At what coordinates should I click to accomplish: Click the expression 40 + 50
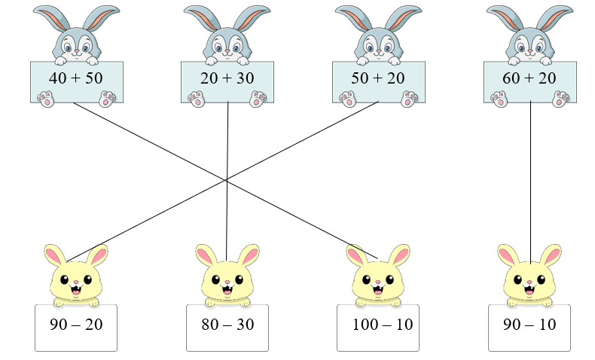click(x=76, y=79)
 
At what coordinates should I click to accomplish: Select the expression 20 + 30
click(x=227, y=79)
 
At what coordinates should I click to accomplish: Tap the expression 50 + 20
click(x=379, y=79)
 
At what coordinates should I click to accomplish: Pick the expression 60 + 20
click(x=530, y=79)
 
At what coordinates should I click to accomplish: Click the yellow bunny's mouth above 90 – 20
click(x=76, y=288)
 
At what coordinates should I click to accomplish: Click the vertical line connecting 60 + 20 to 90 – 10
click(x=530, y=181)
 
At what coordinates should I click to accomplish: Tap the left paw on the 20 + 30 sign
click(x=197, y=98)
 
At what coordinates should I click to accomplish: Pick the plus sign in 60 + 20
click(x=530, y=79)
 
